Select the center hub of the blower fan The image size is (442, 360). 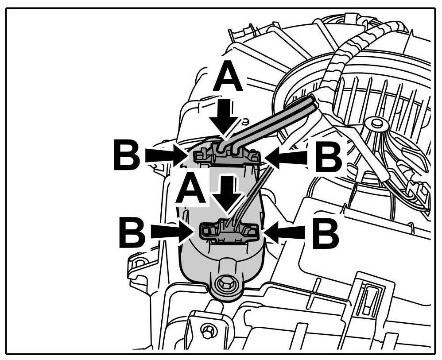377,122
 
